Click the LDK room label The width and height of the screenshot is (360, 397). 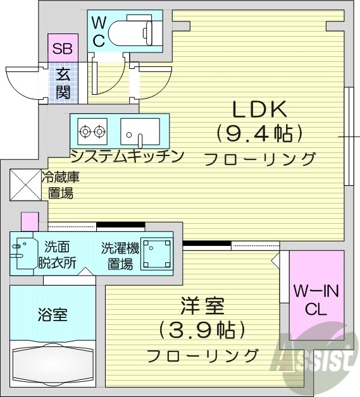[259, 110]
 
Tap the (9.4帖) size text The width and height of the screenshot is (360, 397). [258, 133]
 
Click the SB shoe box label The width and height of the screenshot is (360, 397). [62, 48]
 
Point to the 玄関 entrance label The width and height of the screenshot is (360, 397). [63, 83]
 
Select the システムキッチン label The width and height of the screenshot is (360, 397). [127, 156]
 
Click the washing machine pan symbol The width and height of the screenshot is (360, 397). [156, 253]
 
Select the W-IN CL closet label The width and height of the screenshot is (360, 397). [316, 300]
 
